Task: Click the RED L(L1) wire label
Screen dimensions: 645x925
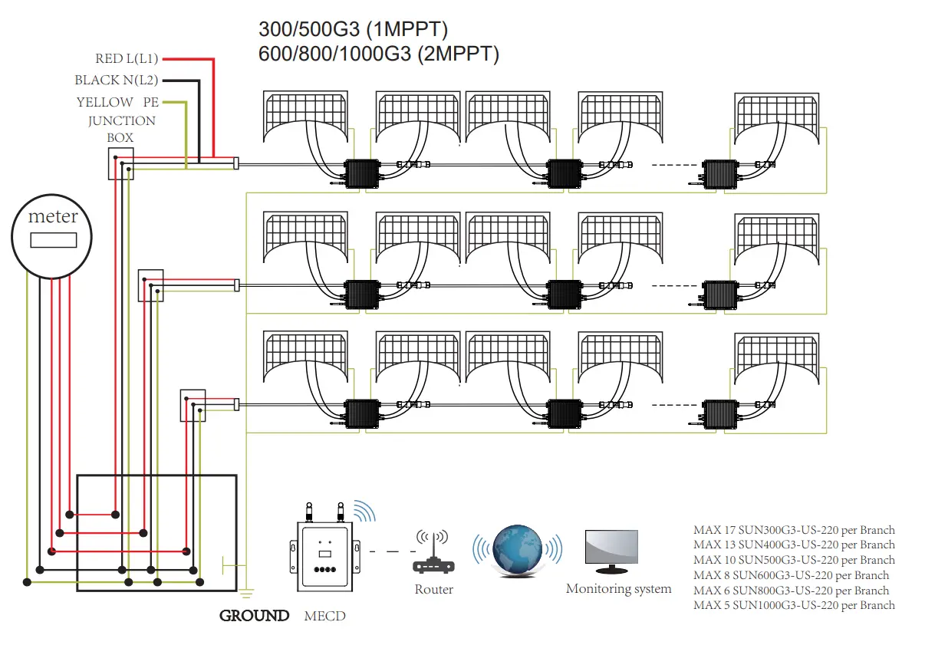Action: pos(127,58)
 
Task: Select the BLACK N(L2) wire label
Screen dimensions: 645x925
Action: pos(117,80)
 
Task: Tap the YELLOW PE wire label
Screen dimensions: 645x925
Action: pos(117,102)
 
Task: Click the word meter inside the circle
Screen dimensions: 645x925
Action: pos(53,216)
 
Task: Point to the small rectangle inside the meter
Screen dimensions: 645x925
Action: pos(53,239)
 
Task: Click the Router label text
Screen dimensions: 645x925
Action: pos(433,590)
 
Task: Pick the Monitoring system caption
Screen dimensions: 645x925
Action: pos(618,589)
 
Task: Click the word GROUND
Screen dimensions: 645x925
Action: pos(254,616)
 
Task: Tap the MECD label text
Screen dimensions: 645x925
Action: pos(324,617)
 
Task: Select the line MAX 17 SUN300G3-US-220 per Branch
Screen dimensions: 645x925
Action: pos(794,530)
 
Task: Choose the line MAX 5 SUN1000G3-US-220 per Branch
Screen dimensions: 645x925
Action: pos(794,605)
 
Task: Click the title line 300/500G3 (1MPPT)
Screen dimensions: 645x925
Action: pos(354,30)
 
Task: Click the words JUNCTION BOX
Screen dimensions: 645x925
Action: pos(121,129)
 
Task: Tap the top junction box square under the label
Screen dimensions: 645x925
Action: pos(120,163)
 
